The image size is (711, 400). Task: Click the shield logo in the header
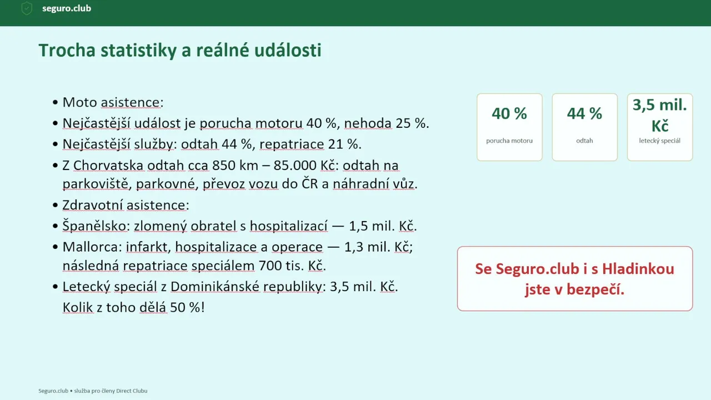tap(27, 8)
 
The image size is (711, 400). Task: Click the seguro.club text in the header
tap(67, 8)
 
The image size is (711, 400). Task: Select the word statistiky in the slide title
tap(138, 51)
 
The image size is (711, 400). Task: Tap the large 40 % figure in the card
tap(509, 113)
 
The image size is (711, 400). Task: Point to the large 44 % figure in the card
tap(585, 113)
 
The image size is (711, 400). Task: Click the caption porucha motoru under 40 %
tap(509, 141)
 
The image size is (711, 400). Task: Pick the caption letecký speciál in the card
tap(659, 141)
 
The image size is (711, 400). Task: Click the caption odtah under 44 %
tap(585, 141)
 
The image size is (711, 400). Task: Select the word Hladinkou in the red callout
tap(638, 269)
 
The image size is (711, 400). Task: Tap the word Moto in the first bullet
tap(79, 103)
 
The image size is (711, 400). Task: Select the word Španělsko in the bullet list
tap(94, 226)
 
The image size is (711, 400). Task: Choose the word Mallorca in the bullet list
tap(91, 247)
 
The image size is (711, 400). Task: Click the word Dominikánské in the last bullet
tap(215, 286)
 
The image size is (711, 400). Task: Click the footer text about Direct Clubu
tap(93, 391)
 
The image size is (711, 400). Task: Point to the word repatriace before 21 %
tap(292, 144)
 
